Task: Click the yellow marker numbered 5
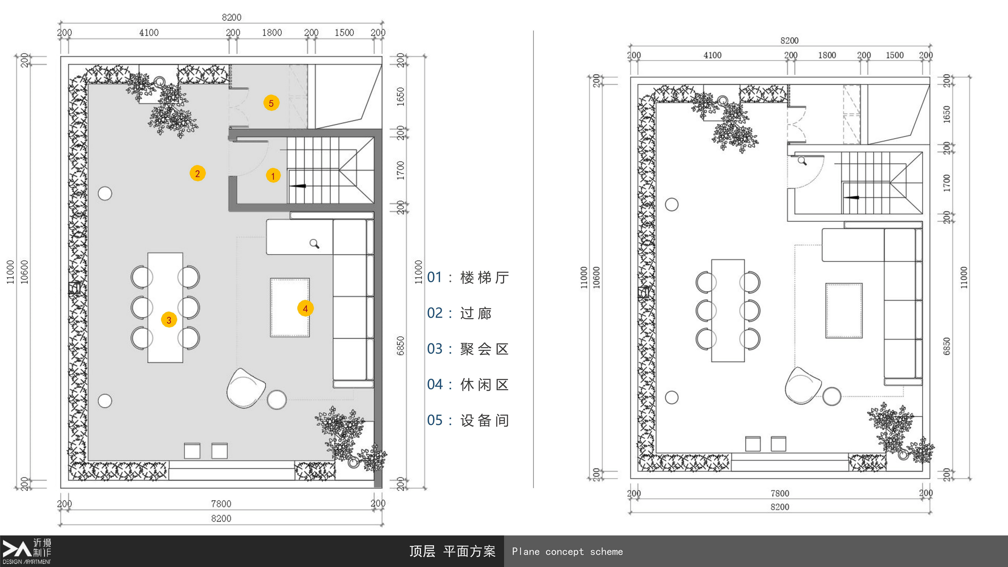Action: (x=271, y=103)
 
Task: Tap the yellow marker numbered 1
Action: (x=273, y=175)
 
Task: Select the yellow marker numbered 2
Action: (x=198, y=173)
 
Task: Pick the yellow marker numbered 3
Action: (x=169, y=320)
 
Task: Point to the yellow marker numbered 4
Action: (x=305, y=308)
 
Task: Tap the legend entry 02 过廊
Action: (x=459, y=313)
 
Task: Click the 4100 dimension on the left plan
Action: (x=149, y=32)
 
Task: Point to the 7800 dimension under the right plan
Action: (x=780, y=494)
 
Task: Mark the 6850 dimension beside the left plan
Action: (x=400, y=345)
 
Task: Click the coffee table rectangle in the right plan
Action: (x=844, y=311)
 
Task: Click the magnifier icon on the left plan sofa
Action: (x=314, y=244)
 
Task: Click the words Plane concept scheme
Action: (x=567, y=552)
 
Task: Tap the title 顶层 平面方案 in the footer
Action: (x=452, y=551)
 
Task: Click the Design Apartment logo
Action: (x=27, y=551)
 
